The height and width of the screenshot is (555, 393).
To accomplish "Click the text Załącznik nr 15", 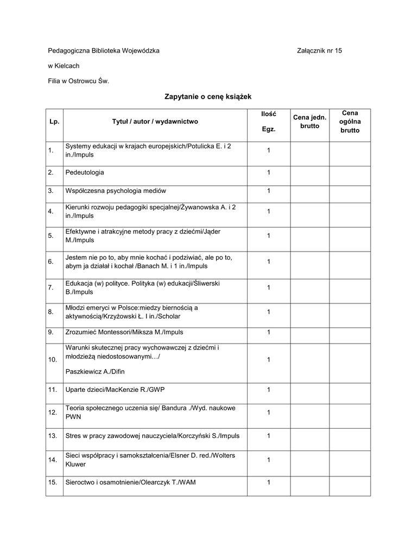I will click(x=320, y=50).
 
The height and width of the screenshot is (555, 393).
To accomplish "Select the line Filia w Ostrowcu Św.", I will click(x=79, y=81).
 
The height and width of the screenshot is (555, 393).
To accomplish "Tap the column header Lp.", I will click(x=54, y=122).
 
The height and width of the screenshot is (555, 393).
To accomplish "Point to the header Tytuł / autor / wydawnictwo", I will click(x=155, y=122).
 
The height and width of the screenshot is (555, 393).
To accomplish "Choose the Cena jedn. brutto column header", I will click(x=309, y=121).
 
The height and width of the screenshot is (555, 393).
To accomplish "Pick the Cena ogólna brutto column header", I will click(x=350, y=121).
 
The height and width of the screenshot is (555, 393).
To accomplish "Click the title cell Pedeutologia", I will click(x=85, y=172).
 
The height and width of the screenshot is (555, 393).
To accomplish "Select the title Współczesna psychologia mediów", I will click(x=116, y=191).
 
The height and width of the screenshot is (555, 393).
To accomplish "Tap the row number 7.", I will click(x=50, y=287).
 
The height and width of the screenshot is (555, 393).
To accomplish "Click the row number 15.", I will click(x=53, y=482).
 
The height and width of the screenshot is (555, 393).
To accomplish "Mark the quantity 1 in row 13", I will click(x=268, y=435).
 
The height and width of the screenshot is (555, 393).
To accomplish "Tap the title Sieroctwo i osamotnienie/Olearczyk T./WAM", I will click(x=130, y=482).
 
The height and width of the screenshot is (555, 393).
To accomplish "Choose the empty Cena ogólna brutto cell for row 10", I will click(x=350, y=360).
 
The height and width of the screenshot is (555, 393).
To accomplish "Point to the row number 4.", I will click(x=50, y=211).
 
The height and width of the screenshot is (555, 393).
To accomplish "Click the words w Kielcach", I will click(x=64, y=66).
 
